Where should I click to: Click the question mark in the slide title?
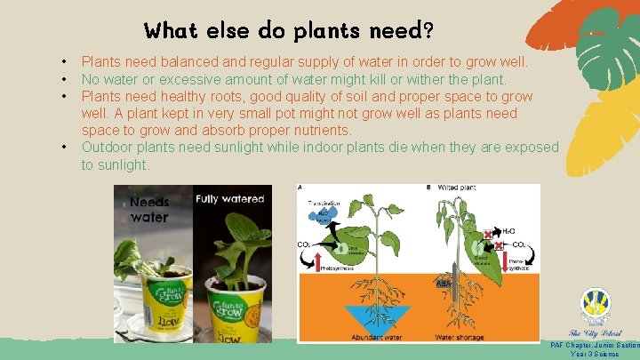(428, 31)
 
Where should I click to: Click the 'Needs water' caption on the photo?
(148, 209)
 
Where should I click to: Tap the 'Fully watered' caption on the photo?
(230, 199)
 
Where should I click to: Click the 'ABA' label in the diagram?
(442, 284)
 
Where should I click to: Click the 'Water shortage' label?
(459, 337)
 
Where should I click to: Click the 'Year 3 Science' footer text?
(595, 354)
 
